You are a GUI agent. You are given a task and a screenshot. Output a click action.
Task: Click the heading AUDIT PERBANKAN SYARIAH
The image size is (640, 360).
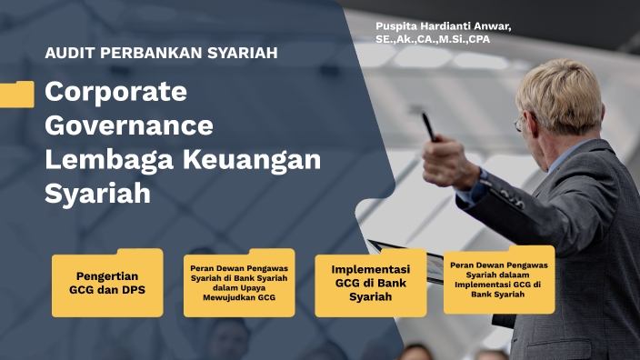click(x=161, y=53)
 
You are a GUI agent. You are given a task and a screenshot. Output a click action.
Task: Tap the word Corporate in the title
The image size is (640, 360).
click(x=115, y=93)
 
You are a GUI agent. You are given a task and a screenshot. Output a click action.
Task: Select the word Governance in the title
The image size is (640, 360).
click(x=128, y=125)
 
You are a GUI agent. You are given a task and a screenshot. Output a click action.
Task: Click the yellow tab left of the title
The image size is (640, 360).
click(x=16, y=95)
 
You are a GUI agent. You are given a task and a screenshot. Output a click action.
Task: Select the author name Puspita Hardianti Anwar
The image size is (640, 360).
click(x=443, y=26)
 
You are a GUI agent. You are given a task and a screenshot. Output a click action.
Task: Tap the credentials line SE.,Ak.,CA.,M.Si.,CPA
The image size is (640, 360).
click(x=438, y=39)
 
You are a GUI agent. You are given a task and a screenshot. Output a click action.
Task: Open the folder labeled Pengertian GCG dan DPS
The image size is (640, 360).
click(x=107, y=285)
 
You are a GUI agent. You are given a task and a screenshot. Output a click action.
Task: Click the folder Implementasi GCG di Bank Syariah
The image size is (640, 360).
click(x=370, y=284)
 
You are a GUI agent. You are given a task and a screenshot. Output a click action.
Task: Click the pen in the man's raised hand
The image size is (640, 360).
click(x=427, y=126)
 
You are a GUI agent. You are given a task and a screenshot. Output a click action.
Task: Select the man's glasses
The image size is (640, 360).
click(x=519, y=122)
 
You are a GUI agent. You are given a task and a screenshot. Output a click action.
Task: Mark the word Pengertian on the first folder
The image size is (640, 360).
click(x=107, y=276)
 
